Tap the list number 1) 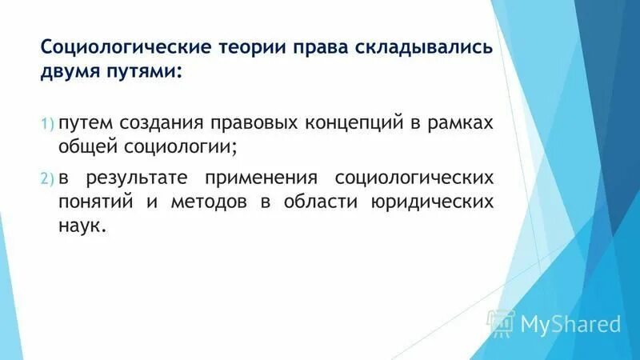(x=46, y=123)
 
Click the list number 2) (x=46, y=178)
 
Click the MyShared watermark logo (x=556, y=323)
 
